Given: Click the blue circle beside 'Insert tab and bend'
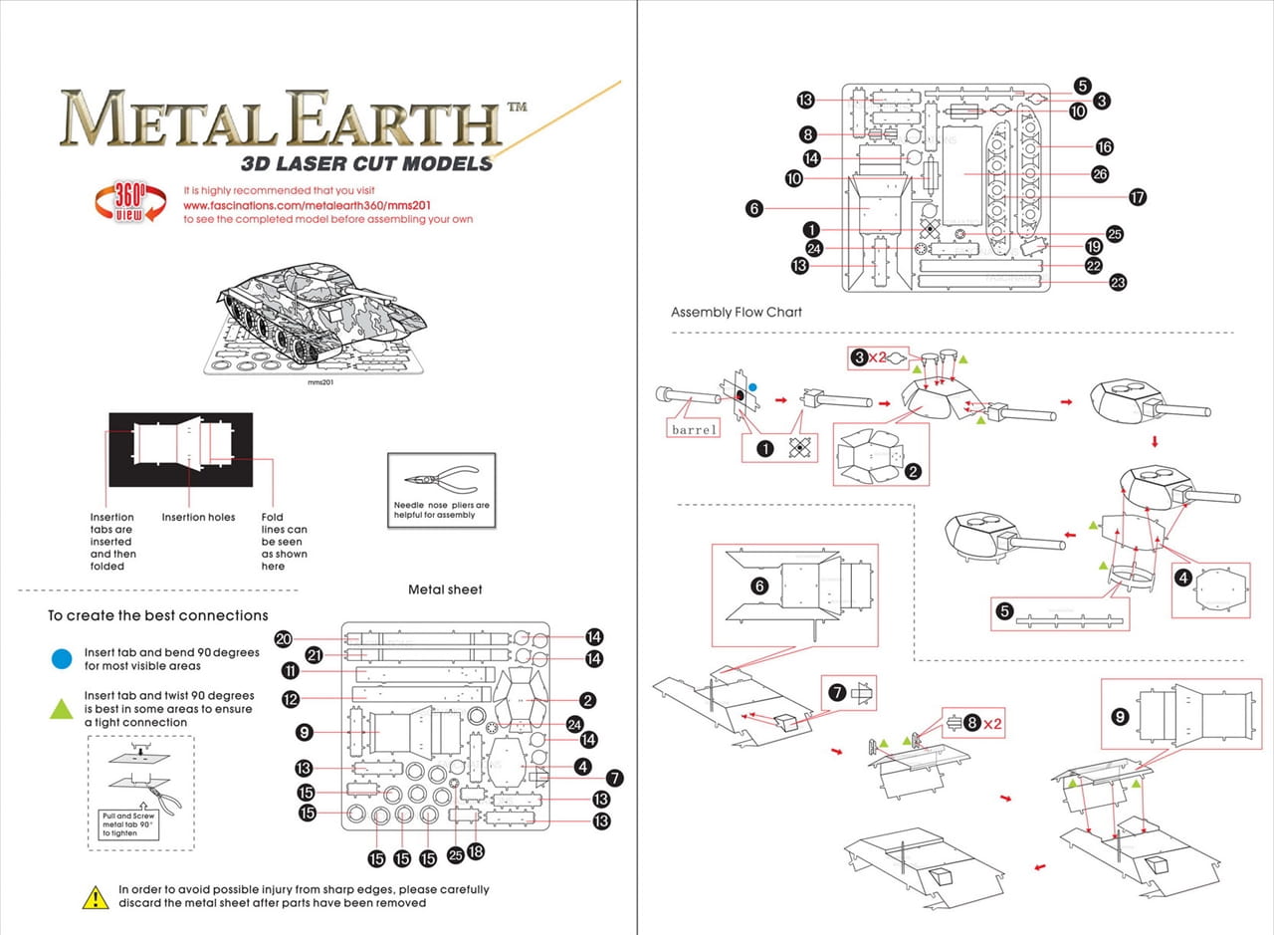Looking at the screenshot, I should [62, 658].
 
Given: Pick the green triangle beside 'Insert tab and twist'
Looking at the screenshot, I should [62, 708].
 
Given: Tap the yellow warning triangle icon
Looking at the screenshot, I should [96, 897].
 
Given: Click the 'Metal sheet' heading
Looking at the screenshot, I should [445, 589].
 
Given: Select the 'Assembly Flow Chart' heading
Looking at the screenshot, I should [737, 312].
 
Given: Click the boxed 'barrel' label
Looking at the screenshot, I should [694, 429].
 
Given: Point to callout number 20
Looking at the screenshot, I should [284, 639].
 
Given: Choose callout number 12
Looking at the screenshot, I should [291, 699].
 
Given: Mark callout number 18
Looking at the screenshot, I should [476, 851].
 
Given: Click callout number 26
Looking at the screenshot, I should [1100, 174].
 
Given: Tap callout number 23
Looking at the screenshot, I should [1118, 283].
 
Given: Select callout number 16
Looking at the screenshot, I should [1105, 146].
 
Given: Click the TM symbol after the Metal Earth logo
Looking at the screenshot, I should [518, 106].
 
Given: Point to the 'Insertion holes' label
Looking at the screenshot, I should [199, 518].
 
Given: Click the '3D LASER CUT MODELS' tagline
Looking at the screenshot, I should [367, 162].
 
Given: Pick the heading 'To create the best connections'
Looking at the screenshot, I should [158, 615].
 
